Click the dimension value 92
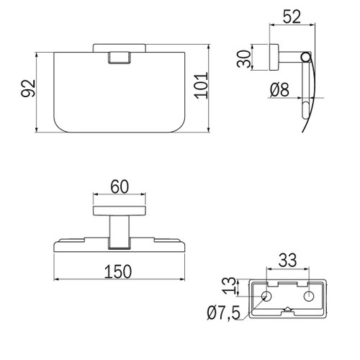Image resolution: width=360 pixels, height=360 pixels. [x=28, y=88]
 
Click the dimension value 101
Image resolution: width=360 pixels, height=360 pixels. [x=201, y=86]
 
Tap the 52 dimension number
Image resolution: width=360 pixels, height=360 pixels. [x=292, y=17]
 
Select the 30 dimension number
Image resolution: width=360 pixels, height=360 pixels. [x=244, y=58]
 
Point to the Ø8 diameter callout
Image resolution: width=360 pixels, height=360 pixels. [x=279, y=90]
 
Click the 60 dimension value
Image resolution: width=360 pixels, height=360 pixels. [x=120, y=186]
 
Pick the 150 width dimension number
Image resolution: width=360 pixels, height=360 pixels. [x=118, y=271]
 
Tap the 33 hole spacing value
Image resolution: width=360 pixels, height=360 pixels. [x=288, y=261]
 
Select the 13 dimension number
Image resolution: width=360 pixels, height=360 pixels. [x=229, y=286]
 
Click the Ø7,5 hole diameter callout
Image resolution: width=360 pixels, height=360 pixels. [x=223, y=312]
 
